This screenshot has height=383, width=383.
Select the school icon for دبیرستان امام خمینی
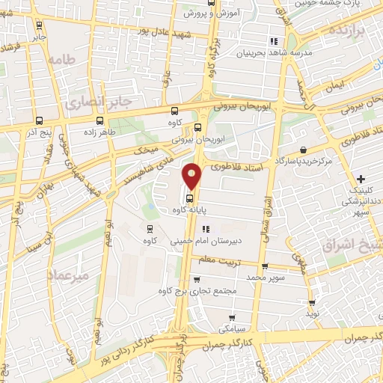[206, 229]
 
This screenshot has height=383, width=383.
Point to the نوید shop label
[312, 313]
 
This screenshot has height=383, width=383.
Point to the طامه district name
[61, 59]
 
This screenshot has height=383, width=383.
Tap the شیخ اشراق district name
[353, 245]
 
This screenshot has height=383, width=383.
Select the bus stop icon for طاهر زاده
[99, 120]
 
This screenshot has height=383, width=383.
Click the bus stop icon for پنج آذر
[39, 120]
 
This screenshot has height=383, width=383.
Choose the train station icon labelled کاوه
[150, 229]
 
